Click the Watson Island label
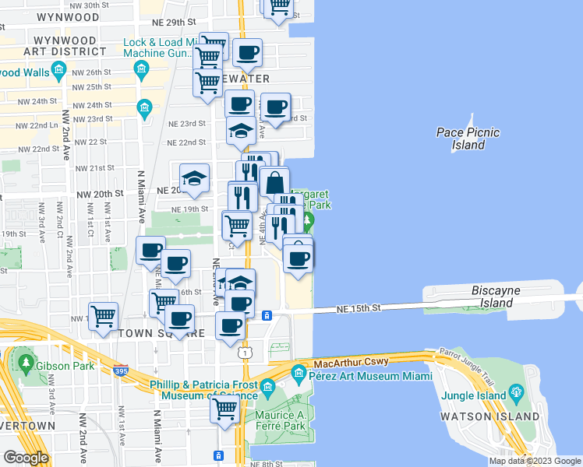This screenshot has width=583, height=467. (494, 416)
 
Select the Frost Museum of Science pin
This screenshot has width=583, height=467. (267, 387)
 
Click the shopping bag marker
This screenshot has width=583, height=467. (274, 183)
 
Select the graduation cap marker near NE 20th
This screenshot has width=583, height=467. (195, 177)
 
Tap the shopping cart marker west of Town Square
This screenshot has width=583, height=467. (103, 316)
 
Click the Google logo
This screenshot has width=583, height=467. (26, 457)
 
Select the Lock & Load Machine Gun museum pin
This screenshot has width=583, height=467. (141, 71)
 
